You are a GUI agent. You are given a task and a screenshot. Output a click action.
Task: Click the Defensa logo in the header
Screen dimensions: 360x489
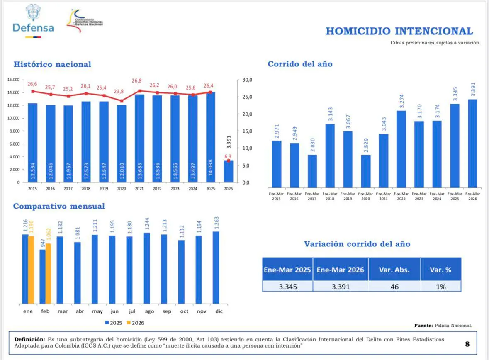tap(33, 21)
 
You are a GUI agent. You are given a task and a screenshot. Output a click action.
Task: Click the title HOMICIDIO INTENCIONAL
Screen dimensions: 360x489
tap(399, 31)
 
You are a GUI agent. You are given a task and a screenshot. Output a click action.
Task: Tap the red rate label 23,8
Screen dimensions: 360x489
tap(122, 92)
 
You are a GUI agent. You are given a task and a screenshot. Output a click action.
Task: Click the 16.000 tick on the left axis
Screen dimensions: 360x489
tap(14, 80)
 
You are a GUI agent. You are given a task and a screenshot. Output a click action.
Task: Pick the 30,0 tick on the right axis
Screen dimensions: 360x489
tap(248, 80)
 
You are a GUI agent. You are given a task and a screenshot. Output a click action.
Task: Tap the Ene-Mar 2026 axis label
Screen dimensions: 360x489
tap(472, 196)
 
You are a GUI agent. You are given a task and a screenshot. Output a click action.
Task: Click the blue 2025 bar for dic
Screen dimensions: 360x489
tap(216, 267)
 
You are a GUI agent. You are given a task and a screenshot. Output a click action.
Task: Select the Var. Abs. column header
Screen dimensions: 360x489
tap(394, 270)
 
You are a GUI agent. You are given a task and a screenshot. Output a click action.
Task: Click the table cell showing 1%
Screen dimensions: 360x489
tap(440, 286)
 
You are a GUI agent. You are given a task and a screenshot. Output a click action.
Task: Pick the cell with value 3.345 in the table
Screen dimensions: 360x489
tap(287, 286)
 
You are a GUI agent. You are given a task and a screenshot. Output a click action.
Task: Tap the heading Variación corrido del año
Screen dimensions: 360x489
tap(357, 244)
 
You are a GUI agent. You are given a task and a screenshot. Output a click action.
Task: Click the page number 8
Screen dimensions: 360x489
tap(467, 344)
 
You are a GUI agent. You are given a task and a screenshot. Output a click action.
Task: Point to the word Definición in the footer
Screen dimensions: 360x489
tap(29, 339)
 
